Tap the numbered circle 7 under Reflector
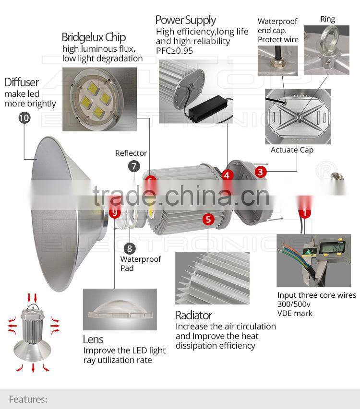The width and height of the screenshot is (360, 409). (x=134, y=167)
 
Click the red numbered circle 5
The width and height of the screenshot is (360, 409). (x=208, y=220)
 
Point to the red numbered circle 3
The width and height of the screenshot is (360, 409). (x=261, y=171)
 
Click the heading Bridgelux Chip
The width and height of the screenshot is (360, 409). (x=94, y=37)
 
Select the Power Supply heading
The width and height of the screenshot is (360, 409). (x=185, y=20)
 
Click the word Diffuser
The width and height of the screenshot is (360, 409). (x=22, y=82)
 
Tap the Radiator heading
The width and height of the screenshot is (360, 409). (x=193, y=315)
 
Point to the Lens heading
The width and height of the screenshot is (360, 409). (x=93, y=339)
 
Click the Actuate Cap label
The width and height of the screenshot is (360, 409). (x=292, y=150)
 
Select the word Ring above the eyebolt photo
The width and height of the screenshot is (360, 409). (x=327, y=19)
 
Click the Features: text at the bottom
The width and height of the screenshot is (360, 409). (x=28, y=399)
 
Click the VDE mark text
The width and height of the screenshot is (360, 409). (x=295, y=313)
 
